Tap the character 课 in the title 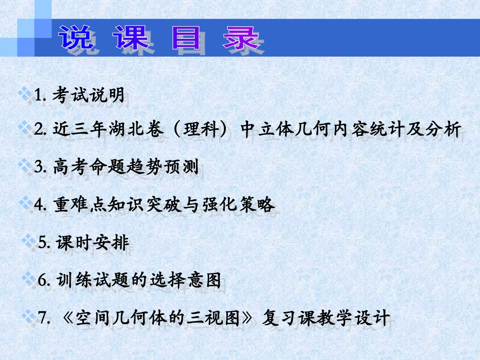coord(131,37)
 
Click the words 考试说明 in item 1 coord(88,95)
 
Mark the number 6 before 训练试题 coord(43,280)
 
